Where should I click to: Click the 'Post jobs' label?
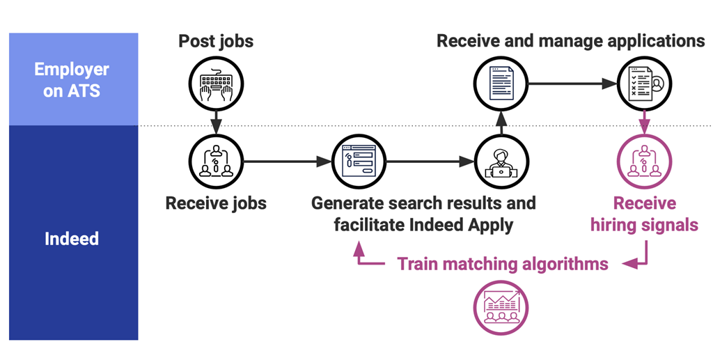point(216,40)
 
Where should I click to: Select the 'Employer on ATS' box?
point(73,79)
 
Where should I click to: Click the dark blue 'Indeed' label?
point(72,239)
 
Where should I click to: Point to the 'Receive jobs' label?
point(216,203)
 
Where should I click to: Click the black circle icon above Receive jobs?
point(216,162)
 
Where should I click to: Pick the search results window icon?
point(359,162)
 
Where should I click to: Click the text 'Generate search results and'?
point(423,203)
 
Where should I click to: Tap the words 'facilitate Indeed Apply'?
point(423,225)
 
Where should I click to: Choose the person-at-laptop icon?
point(501,162)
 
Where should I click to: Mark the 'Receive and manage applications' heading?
point(570,40)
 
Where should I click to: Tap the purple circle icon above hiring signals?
point(644,162)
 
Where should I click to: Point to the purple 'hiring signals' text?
point(644,225)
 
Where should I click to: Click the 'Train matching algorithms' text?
point(503,264)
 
